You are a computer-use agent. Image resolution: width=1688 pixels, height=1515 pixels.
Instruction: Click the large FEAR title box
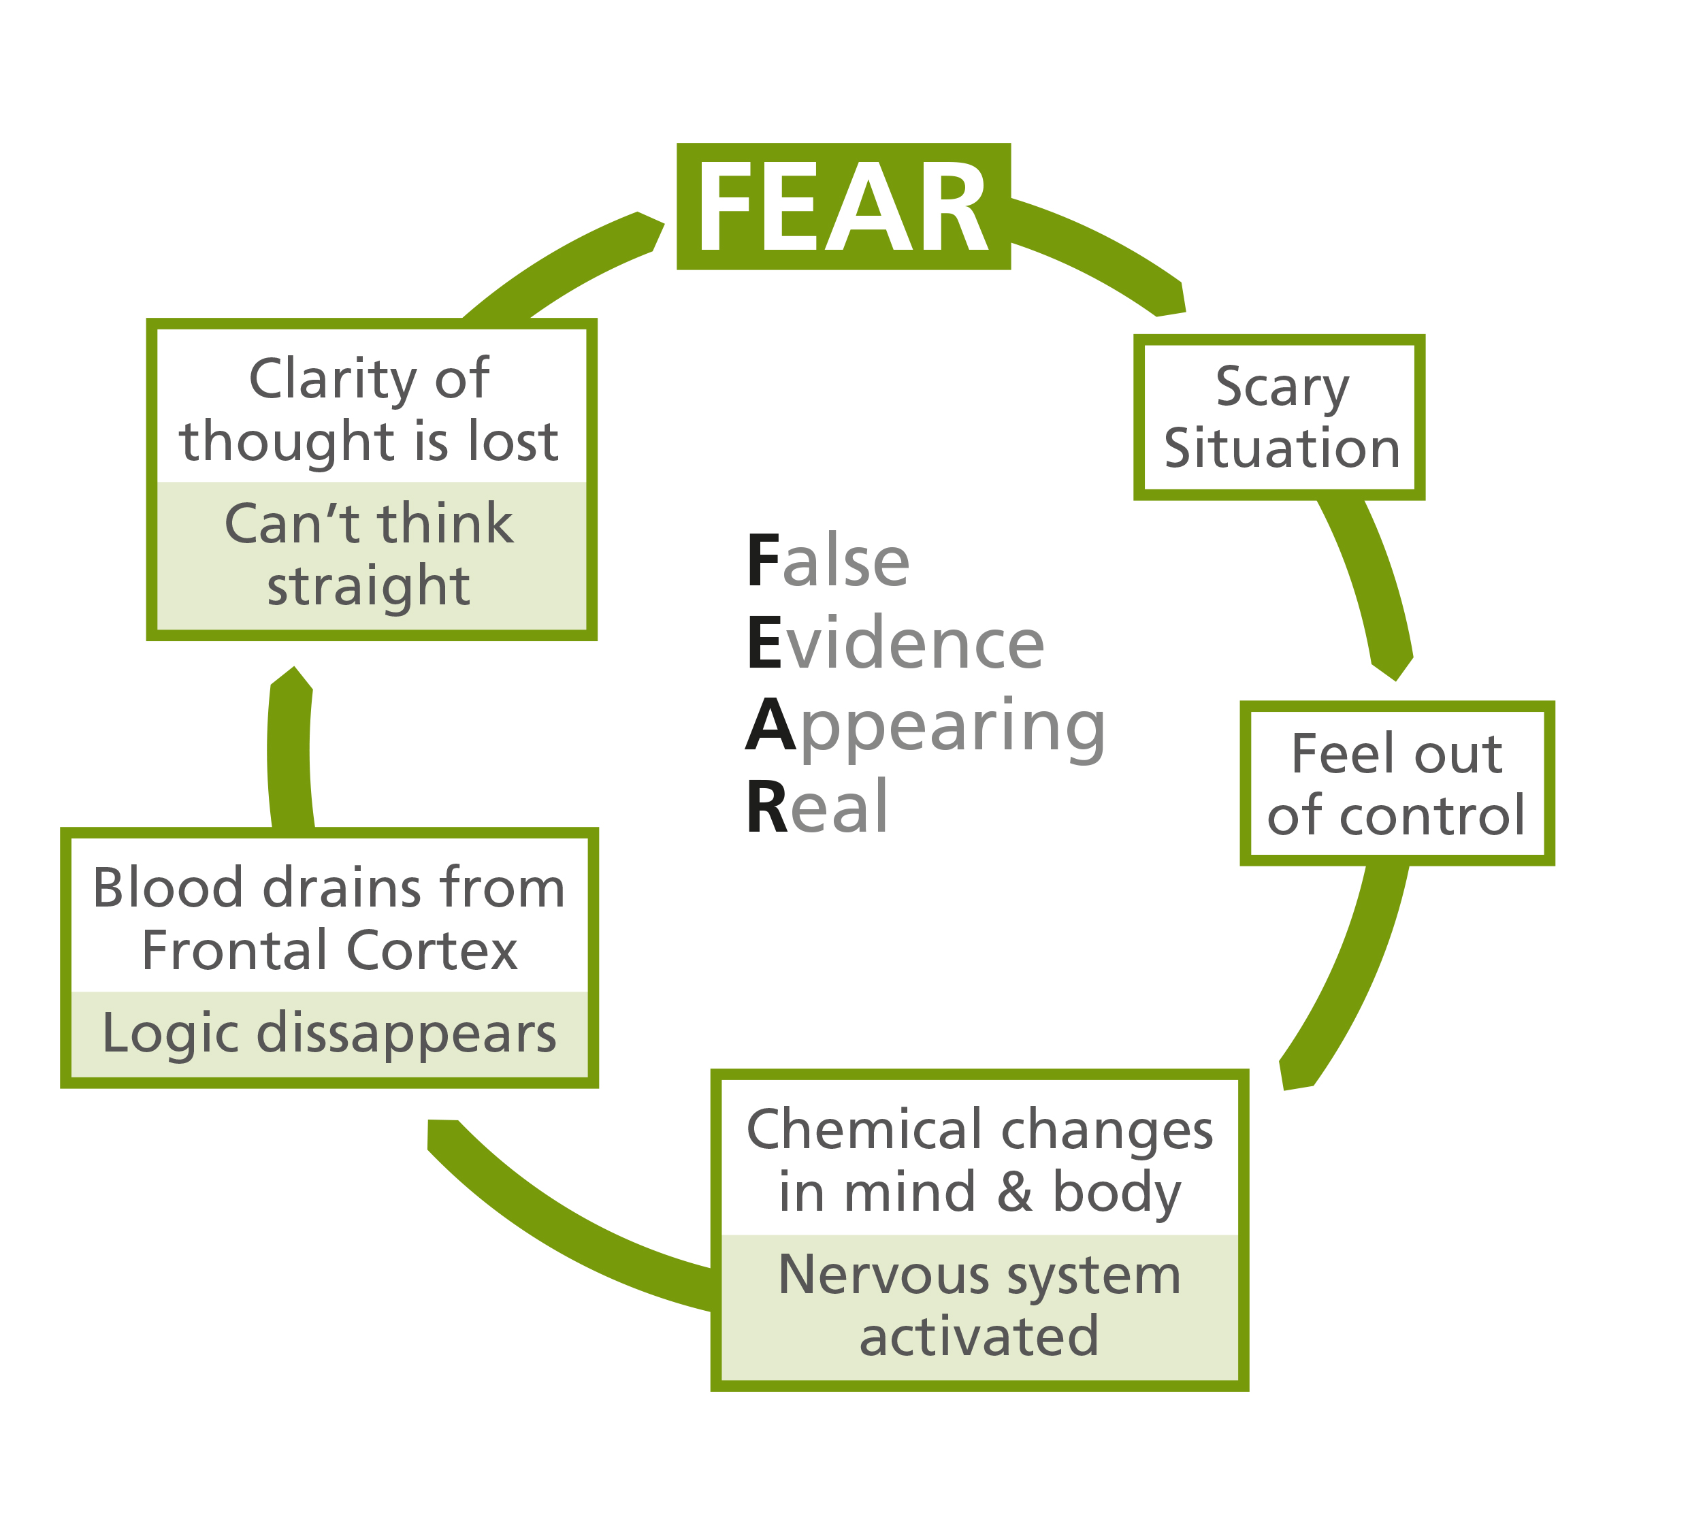843,206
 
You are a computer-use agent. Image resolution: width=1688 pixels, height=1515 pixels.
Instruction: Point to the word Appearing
925,726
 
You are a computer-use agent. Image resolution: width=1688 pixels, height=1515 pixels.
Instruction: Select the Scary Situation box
1280,417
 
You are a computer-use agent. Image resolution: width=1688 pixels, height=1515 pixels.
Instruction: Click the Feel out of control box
1397,783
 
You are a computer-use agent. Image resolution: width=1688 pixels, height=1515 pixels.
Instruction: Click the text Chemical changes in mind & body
979,1160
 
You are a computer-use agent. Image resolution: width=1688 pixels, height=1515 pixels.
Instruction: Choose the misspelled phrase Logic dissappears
329,1033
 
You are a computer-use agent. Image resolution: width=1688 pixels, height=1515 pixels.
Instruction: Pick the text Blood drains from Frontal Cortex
329,918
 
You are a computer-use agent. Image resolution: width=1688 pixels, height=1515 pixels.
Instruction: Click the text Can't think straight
369,555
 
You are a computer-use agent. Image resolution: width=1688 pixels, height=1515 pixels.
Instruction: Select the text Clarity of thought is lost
369,409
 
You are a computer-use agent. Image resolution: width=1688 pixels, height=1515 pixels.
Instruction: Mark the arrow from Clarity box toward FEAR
566,266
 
